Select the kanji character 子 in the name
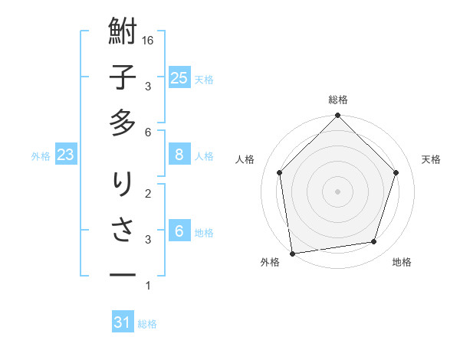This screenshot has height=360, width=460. tap(123, 78)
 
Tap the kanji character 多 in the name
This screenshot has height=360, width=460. tap(123, 123)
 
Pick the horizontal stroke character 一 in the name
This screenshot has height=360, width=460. tap(123, 274)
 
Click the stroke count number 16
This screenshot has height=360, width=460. tap(149, 40)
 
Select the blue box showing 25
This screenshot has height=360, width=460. tap(179, 77)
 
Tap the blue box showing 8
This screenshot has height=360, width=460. tap(179, 155)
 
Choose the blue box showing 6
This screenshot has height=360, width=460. tap(179, 231)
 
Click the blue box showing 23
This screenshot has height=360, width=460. tap(66, 155)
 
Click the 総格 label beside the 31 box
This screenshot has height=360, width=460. tap(147, 324)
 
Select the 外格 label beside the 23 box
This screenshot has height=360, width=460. tap(41, 156)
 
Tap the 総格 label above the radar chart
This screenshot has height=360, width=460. tap(338, 100)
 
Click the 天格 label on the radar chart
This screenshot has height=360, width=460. tap(432, 159)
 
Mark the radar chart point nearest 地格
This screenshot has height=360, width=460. tap(374, 242)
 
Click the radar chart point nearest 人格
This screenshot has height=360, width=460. tap(280, 172)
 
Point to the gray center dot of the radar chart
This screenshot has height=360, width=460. tap(338, 191)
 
